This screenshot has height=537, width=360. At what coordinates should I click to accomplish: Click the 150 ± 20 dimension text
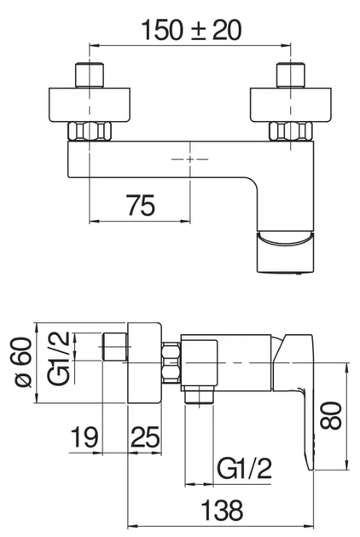pyautogui.click(x=191, y=30)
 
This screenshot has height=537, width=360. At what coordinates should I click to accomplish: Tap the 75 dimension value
pyautogui.click(x=141, y=205)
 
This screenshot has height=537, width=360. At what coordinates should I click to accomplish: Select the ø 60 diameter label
pyautogui.click(x=24, y=362)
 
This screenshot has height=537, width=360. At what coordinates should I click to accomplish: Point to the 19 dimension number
pyautogui.click(x=84, y=437)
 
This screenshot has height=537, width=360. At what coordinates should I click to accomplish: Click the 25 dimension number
pyautogui.click(x=145, y=437)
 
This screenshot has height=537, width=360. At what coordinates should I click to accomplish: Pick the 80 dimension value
pyautogui.click(x=331, y=417)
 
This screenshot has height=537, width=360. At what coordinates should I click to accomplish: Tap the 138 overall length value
pyautogui.click(x=222, y=510)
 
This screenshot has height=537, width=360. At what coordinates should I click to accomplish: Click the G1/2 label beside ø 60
pyautogui.click(x=59, y=359)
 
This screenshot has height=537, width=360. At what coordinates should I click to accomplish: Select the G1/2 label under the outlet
pyautogui.click(x=245, y=468)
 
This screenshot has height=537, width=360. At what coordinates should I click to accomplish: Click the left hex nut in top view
pyautogui.click(x=90, y=130)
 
